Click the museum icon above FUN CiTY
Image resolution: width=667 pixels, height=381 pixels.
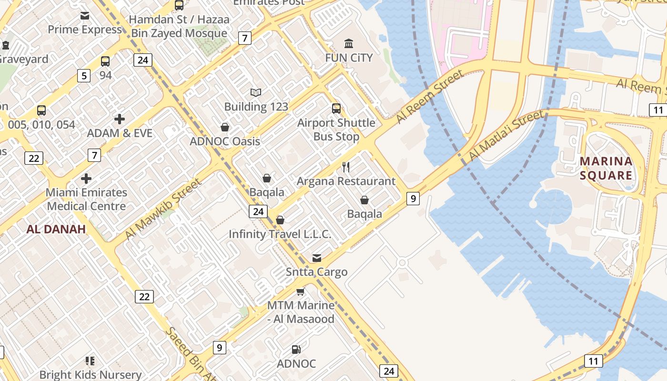[x=349, y=44]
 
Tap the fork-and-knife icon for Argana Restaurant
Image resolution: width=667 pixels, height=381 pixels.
[x=346, y=167]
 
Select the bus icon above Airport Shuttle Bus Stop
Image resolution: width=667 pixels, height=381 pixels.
[x=336, y=109]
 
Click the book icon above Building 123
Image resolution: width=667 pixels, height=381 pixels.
[x=256, y=92]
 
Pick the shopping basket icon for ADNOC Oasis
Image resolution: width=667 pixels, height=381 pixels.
[x=225, y=127]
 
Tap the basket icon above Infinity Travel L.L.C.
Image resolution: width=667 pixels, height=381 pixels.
[x=280, y=220]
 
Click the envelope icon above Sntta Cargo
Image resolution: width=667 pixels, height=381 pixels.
[x=317, y=258]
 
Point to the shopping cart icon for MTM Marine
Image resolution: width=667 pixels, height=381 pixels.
[x=300, y=291]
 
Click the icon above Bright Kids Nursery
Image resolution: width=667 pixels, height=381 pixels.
[x=90, y=361]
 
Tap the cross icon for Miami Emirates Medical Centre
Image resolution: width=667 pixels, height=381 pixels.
[x=86, y=179]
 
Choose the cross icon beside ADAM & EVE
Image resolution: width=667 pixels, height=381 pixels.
[x=120, y=119]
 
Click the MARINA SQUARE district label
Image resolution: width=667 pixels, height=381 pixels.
[x=606, y=168]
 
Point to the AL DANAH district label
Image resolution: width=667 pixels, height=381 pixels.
[x=56, y=229]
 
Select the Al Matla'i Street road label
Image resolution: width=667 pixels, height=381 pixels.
[x=505, y=135]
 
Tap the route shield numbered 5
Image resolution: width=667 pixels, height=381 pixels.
[x=84, y=75]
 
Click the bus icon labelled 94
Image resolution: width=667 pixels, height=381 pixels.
[x=105, y=61]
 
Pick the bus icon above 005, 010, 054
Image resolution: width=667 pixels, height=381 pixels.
[x=41, y=110]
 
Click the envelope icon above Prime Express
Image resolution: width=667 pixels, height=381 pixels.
[x=85, y=16]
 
